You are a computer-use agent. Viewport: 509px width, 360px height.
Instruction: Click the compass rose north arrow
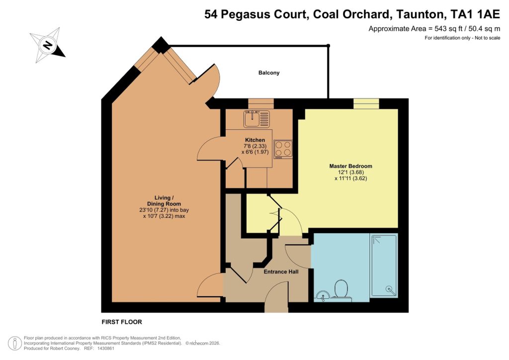(48, 45)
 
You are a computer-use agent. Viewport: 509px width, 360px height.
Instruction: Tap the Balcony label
(269, 73)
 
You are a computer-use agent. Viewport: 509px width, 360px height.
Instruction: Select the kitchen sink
(256, 119)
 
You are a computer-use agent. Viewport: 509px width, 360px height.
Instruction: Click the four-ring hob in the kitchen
(283, 149)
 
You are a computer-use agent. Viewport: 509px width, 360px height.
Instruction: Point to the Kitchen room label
(254, 140)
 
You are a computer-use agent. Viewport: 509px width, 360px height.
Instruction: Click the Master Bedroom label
(350, 166)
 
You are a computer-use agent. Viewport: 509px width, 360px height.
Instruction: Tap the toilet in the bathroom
(341, 289)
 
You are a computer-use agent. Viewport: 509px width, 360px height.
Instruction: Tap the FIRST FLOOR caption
(122, 322)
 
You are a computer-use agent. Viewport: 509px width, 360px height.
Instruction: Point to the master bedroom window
(366, 103)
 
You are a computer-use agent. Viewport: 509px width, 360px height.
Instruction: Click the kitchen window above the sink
(260, 103)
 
